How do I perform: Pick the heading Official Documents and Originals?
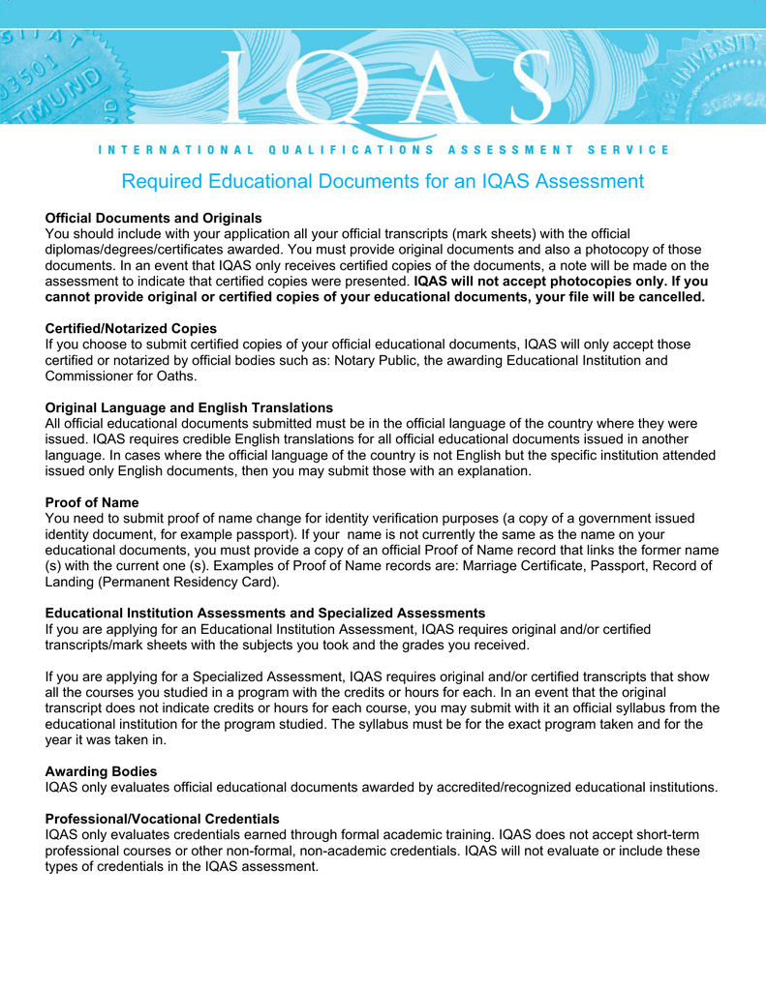[x=154, y=218]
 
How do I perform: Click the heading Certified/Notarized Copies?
[x=131, y=328]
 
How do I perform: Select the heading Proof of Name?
[x=92, y=502]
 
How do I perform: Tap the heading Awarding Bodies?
[x=101, y=770]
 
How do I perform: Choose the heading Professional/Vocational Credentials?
[x=162, y=818]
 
